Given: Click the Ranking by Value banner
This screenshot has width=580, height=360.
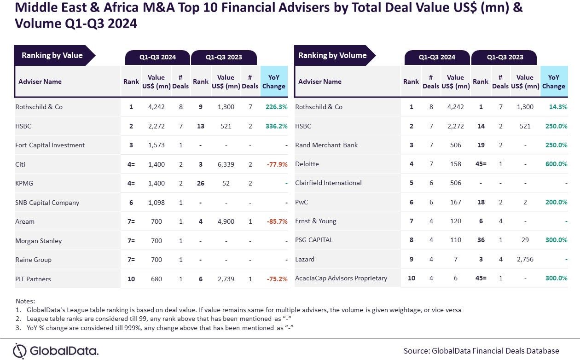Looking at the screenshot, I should pos(52,56).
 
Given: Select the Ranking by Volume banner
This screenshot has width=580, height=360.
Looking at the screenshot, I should pos(332,56).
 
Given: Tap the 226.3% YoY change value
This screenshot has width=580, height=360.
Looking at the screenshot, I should pos(276,107).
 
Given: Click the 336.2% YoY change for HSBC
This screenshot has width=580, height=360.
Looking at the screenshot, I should pos(276,126).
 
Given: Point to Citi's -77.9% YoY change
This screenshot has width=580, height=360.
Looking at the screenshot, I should pos(277,164).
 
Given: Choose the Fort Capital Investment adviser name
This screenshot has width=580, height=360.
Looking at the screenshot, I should pos(50,145).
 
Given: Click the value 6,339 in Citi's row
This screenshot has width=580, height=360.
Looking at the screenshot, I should pos(226,164).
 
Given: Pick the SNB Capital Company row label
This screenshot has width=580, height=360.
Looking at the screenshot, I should pos(47,203).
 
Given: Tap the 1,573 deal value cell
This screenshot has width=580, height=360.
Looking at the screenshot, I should pos(157,145).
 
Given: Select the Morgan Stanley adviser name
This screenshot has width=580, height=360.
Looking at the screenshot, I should pos(38,241).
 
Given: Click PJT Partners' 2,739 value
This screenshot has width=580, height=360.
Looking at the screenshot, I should pos(226,279).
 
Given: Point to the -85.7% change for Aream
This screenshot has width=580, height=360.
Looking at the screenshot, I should pos(277,221).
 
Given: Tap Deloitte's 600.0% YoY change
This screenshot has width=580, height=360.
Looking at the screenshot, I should pos(556,164).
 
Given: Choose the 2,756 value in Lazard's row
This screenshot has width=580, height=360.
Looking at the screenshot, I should pos(525,259).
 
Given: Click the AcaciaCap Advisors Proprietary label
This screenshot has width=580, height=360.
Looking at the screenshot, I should pos(341,278).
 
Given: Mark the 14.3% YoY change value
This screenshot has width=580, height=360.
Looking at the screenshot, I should pos(558,107).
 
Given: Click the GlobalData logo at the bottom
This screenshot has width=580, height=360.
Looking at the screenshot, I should pos(56,351).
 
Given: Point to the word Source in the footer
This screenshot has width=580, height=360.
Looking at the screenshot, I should pos(416,351).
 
